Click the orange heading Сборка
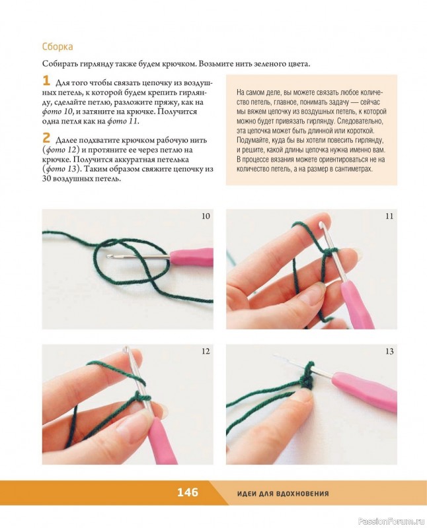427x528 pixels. click(x=58, y=46)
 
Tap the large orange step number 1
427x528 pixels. click(x=46, y=81)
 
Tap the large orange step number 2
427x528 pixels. click(x=46, y=138)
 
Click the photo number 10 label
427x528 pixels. click(x=206, y=216)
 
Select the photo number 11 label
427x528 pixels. click(x=389, y=216)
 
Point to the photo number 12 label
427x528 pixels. click(x=206, y=351)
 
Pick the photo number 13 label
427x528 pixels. click(x=389, y=351)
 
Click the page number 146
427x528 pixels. click(x=188, y=492)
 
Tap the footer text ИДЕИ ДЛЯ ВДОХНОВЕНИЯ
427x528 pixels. click(x=283, y=494)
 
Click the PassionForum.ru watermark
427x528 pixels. click(x=391, y=521)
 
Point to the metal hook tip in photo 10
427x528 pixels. click(x=108, y=256)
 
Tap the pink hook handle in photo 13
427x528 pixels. click(x=364, y=392)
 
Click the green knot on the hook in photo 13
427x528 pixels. click(x=306, y=376)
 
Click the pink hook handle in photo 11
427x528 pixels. click(x=358, y=305)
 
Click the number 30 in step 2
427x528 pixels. click(x=46, y=178)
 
